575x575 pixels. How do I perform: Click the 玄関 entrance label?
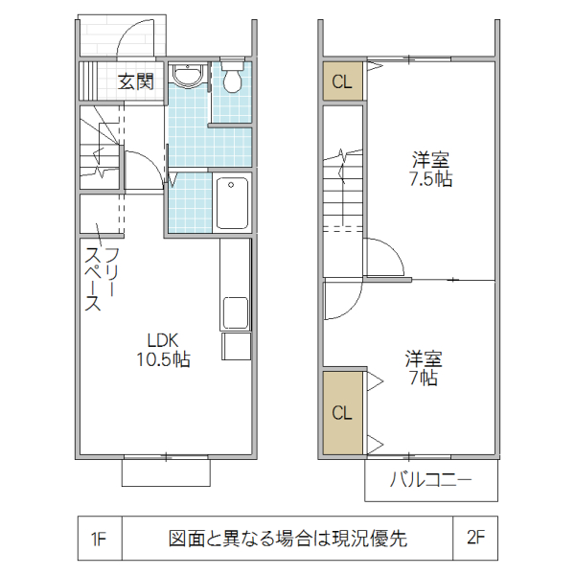pyautogui.click(x=135, y=81)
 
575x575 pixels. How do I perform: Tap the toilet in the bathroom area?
pyautogui.click(x=232, y=79)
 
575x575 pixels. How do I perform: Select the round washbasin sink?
pyautogui.click(x=188, y=76)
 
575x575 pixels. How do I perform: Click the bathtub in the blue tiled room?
pyautogui.click(x=231, y=202)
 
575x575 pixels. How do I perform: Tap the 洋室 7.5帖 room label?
pyautogui.click(x=430, y=168)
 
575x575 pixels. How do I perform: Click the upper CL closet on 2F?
pyautogui.click(x=342, y=82)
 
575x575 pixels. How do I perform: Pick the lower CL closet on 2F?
pyautogui.click(x=342, y=413)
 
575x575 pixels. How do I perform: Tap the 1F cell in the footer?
pyautogui.click(x=99, y=538)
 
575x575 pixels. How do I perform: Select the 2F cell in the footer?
pyautogui.click(x=475, y=538)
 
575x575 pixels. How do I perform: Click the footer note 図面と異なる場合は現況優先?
pyautogui.click(x=287, y=538)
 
